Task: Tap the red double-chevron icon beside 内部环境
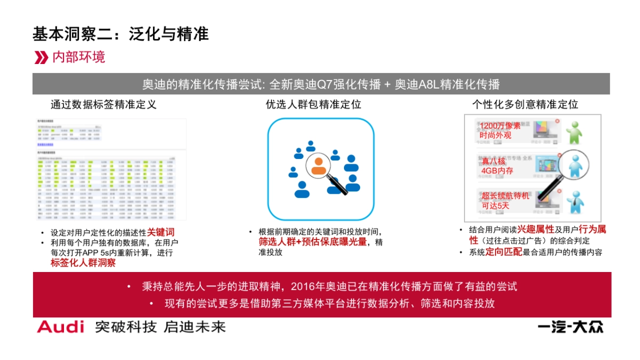[x=41, y=58]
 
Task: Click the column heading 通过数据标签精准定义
[x=103, y=104]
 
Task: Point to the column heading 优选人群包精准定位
[x=321, y=104]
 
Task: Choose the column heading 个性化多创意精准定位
[x=525, y=104]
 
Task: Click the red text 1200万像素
[x=500, y=126]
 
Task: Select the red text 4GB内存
[x=497, y=171]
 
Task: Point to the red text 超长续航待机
[x=506, y=196]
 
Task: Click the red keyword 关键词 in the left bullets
[x=161, y=233]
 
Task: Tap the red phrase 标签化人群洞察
[x=83, y=262]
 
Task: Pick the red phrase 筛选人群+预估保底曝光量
[x=313, y=242]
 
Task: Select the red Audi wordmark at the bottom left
[x=60, y=327]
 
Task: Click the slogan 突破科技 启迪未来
[x=160, y=327]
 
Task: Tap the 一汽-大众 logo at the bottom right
[x=570, y=327]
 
